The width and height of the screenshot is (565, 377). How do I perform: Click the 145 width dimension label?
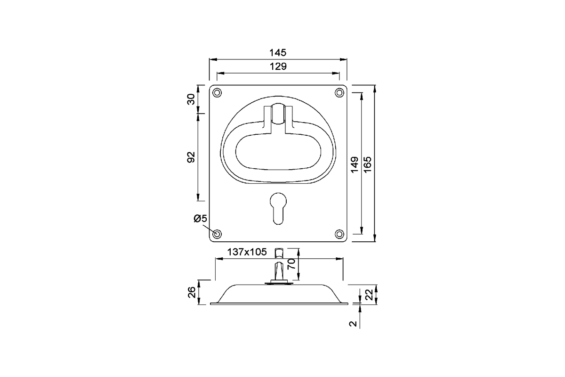click(278, 52)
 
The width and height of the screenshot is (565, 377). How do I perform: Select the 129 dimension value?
click(278, 66)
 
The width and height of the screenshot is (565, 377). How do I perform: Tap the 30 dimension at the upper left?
click(191, 99)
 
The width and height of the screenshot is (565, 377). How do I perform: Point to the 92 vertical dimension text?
click(191, 157)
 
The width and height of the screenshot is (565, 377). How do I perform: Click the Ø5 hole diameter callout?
click(200, 219)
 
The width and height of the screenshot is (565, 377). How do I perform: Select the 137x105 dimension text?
click(247, 252)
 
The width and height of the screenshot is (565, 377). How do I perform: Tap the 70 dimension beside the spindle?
click(291, 264)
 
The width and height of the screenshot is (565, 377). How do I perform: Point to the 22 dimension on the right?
click(369, 295)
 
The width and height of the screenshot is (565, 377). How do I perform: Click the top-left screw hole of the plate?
click(217, 93)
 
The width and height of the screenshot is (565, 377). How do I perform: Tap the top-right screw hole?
click(339, 93)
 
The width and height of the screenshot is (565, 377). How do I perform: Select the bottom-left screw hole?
click(217, 234)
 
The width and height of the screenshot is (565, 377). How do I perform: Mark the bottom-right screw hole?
click(339, 234)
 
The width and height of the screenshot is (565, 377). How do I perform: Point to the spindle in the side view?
click(278, 266)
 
